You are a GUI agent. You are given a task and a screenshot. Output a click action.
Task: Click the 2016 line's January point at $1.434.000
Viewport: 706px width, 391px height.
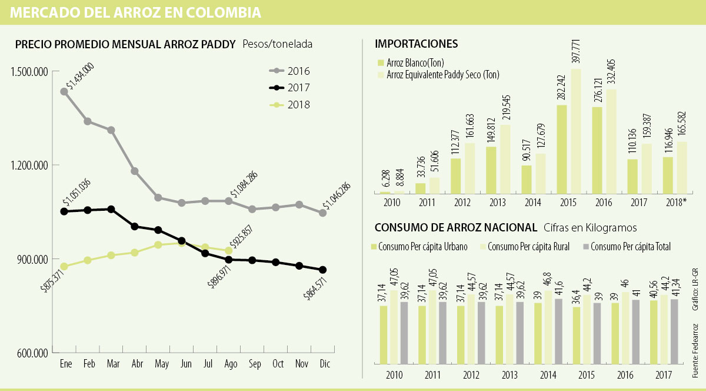pyautogui.click(x=64, y=92)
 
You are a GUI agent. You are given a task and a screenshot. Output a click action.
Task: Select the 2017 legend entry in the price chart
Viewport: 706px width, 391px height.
pyautogui.click(x=290, y=88)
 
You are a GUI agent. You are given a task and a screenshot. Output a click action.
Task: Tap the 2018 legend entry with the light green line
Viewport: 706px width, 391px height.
pyautogui.click(x=290, y=104)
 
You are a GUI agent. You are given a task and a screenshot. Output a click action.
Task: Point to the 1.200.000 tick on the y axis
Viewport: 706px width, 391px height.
pyautogui.click(x=29, y=165)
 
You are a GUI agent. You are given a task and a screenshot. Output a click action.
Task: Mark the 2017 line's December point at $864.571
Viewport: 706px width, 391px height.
pyautogui.click(x=322, y=270)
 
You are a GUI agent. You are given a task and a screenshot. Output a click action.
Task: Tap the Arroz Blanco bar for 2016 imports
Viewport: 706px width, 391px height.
pyautogui.click(x=597, y=150)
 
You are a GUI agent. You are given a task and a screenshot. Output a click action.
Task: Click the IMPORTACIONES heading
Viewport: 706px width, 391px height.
pyautogui.click(x=416, y=44)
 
